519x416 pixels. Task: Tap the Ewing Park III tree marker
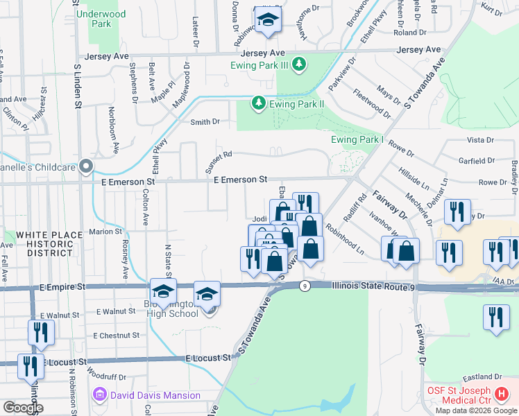[x=298, y=65]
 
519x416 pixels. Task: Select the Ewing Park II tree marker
[x=259, y=103]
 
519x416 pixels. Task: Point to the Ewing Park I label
[x=357, y=139]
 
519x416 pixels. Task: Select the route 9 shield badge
[x=305, y=286]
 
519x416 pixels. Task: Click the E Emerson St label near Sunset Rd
[x=240, y=180]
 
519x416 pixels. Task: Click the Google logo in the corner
[x=22, y=408]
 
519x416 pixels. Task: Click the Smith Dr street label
[x=205, y=122]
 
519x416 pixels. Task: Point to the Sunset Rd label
[x=217, y=162]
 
